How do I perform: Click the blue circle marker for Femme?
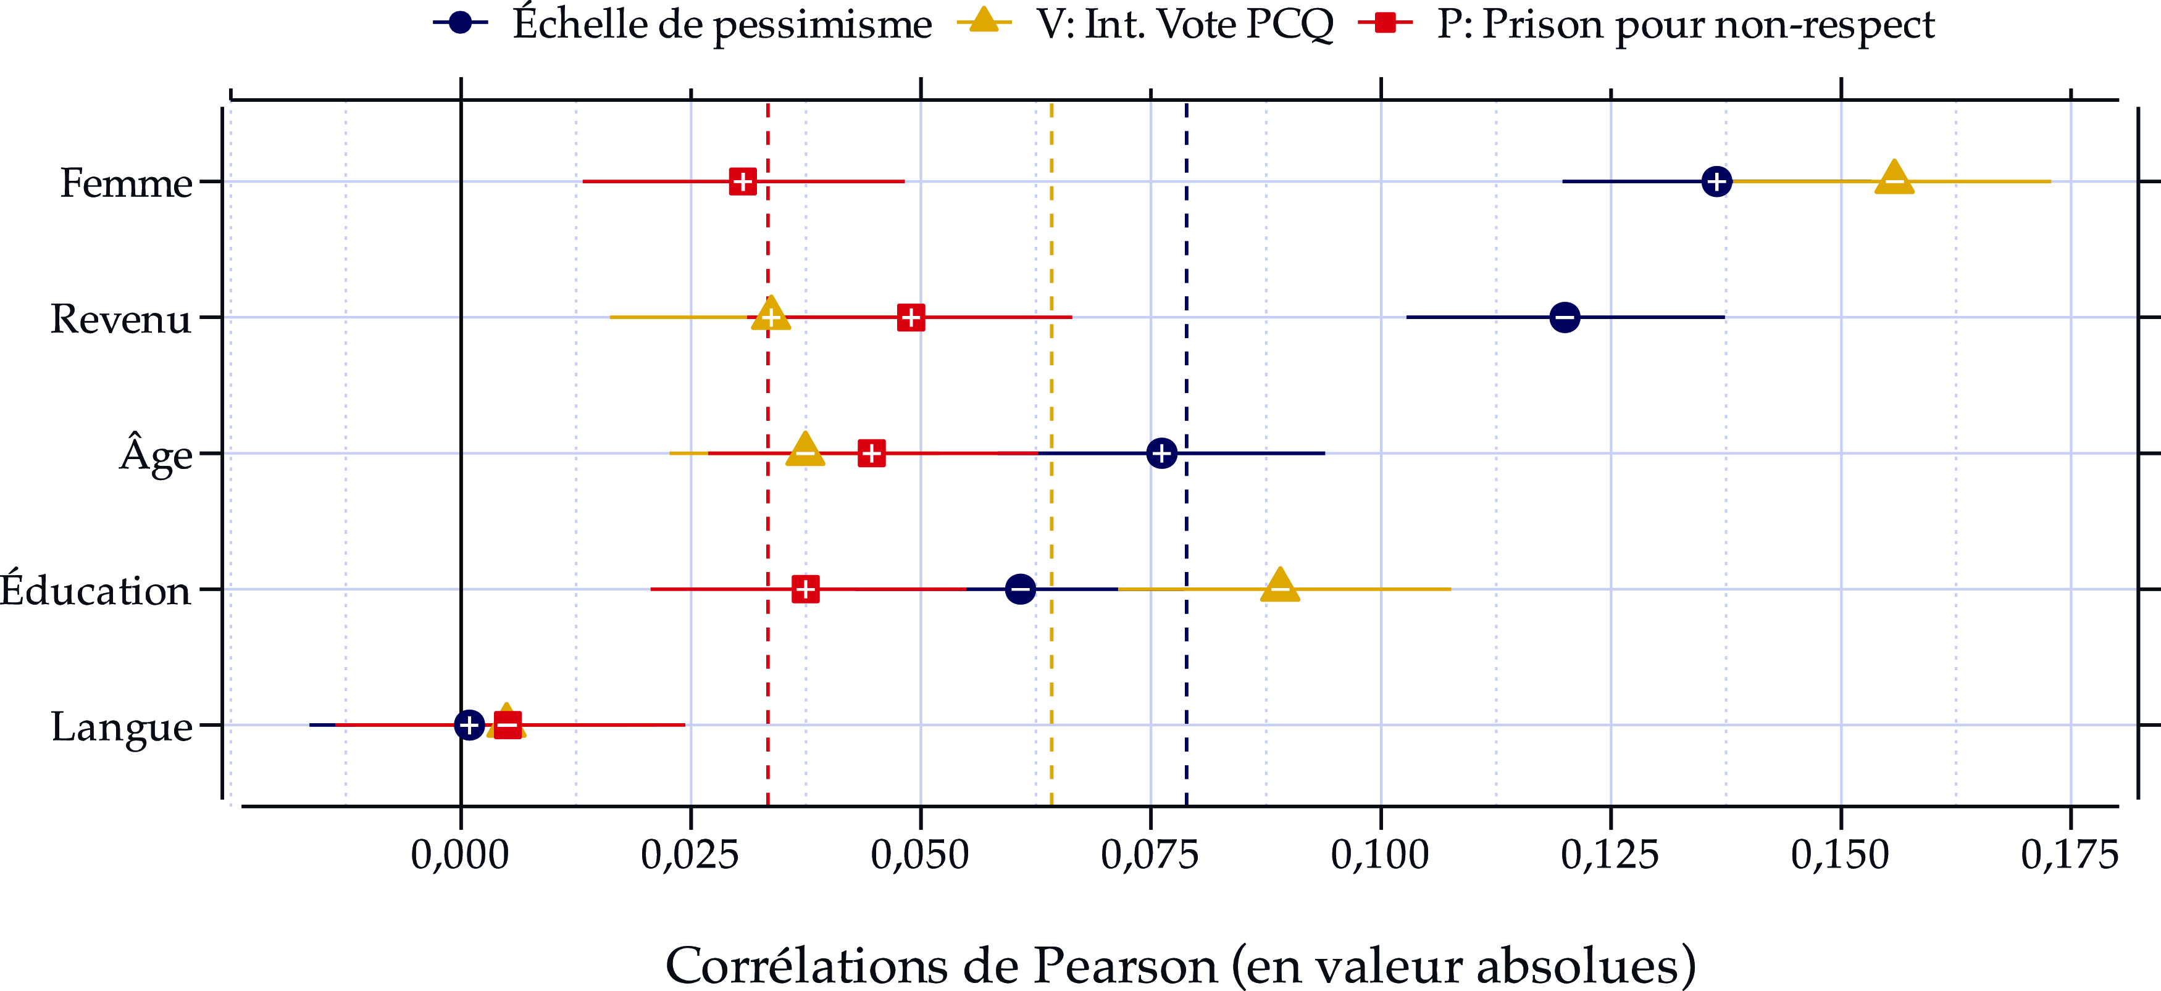pyautogui.click(x=1716, y=181)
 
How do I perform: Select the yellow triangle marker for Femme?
pyautogui.click(x=1894, y=178)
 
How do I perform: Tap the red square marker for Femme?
pyautogui.click(x=742, y=181)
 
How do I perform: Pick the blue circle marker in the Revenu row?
pyautogui.click(x=1565, y=317)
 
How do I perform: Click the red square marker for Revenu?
pyautogui.click(x=911, y=318)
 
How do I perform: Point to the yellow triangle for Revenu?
pyautogui.click(x=771, y=315)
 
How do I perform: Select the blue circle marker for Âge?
pyautogui.click(x=1161, y=454)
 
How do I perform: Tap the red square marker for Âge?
pyautogui.click(x=872, y=454)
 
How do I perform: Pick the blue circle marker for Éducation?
pyautogui.click(x=1020, y=589)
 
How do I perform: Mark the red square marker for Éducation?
pyautogui.click(x=805, y=589)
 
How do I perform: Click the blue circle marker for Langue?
pyautogui.click(x=469, y=724)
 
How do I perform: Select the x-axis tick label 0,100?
pyautogui.click(x=1380, y=855)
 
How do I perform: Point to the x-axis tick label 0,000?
pyautogui.click(x=460, y=855)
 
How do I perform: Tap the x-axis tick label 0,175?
pyautogui.click(x=2070, y=855)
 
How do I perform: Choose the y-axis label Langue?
pyautogui.click(x=122, y=726)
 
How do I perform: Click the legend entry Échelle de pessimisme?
pyautogui.click(x=721, y=23)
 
